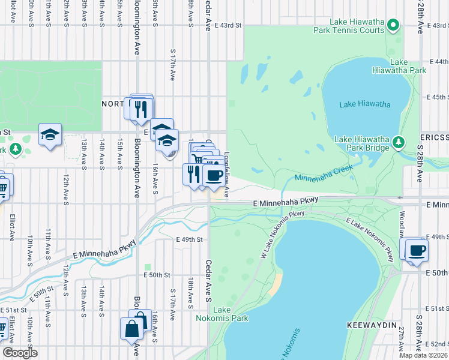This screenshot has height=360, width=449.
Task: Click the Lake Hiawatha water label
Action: (x=364, y=104)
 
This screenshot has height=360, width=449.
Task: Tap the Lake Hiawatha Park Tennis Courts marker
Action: (x=393, y=25)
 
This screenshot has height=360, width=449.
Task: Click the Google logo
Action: (x=20, y=352)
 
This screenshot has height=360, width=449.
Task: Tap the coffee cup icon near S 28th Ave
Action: (x=416, y=250)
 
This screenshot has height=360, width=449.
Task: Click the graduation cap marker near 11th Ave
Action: (x=50, y=134)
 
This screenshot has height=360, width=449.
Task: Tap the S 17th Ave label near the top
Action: (x=173, y=66)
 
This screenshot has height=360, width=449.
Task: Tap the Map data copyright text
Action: (x=424, y=355)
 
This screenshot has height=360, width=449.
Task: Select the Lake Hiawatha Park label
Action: (x=408, y=66)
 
